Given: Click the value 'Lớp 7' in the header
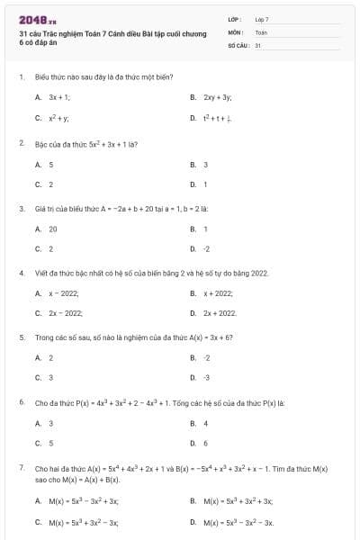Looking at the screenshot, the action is [x=262, y=19].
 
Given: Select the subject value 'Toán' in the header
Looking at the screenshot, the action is [x=261, y=31].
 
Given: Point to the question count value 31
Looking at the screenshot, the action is [x=258, y=44].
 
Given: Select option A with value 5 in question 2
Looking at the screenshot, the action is [x=51, y=165].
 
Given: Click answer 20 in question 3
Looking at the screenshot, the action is [x=53, y=229].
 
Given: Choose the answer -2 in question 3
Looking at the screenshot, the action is [x=207, y=248].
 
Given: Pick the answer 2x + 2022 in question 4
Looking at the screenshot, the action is [x=220, y=313].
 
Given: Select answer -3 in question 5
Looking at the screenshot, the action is [x=207, y=378].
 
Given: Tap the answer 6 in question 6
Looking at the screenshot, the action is [x=206, y=443].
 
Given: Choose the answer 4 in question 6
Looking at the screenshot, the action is [x=206, y=423].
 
